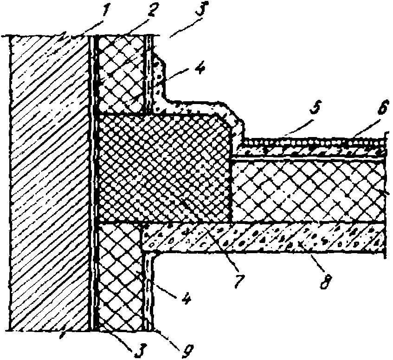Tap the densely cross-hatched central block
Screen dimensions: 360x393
(165, 167)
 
